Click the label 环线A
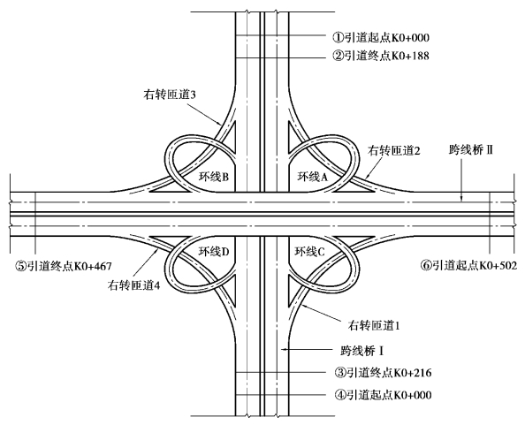(313, 177)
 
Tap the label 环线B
(214, 177)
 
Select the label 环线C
(309, 251)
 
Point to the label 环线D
(214, 251)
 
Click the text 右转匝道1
(374, 325)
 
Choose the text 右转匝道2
(394, 151)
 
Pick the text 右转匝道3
(170, 95)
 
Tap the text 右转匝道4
(134, 285)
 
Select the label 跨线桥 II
(471, 150)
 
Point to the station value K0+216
(413, 373)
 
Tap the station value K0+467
(93, 267)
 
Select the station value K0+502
(498, 265)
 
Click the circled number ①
(338, 37)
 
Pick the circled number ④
(340, 395)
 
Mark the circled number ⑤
(20, 267)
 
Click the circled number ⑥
(426, 265)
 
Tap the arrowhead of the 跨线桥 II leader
(461, 199)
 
